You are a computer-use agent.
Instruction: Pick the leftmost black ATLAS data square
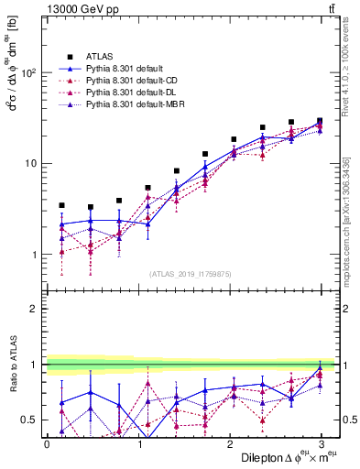(61, 205)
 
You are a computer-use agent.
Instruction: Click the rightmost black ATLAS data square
(320, 121)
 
